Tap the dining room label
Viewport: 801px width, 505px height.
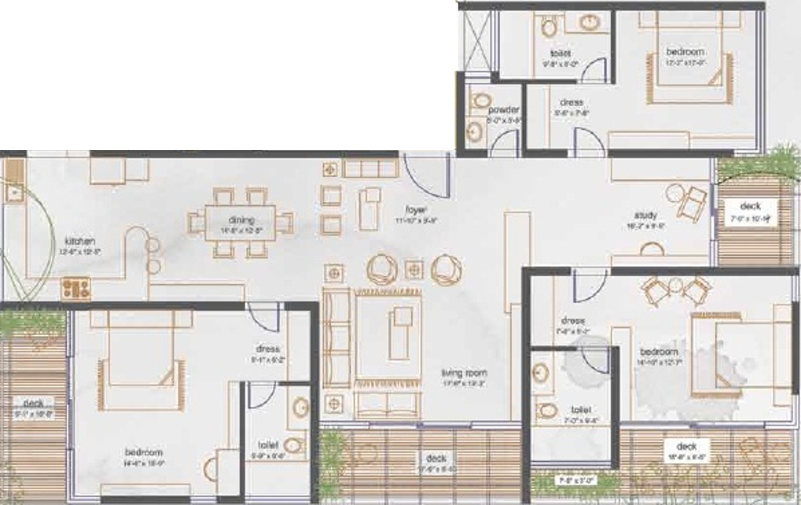[x=240, y=220]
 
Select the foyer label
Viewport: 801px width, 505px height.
[x=414, y=211]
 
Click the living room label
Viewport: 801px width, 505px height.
[x=465, y=373]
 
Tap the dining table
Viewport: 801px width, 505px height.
[x=240, y=223]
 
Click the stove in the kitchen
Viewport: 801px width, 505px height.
[x=76, y=287]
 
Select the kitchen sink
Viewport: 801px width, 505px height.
[x=14, y=191]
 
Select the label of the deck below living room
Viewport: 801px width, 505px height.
[x=436, y=459]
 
